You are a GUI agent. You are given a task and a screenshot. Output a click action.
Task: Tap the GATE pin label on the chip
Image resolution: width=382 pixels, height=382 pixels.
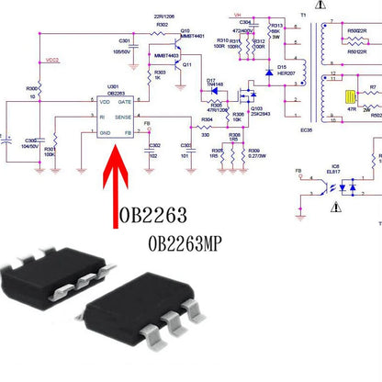(126, 100)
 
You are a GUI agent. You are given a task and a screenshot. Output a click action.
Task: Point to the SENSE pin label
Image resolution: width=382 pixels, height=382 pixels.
(123, 118)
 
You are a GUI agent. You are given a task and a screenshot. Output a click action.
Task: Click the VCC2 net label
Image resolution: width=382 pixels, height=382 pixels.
(51, 61)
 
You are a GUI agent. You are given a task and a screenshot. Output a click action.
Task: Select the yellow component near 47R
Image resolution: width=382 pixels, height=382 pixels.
(350, 97)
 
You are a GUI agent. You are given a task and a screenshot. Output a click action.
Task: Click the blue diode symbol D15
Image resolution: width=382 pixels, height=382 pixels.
(269, 72)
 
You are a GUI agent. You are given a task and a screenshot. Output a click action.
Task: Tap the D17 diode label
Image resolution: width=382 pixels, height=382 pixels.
(212, 80)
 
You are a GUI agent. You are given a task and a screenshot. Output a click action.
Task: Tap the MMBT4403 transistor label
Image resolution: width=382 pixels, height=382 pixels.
(166, 56)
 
